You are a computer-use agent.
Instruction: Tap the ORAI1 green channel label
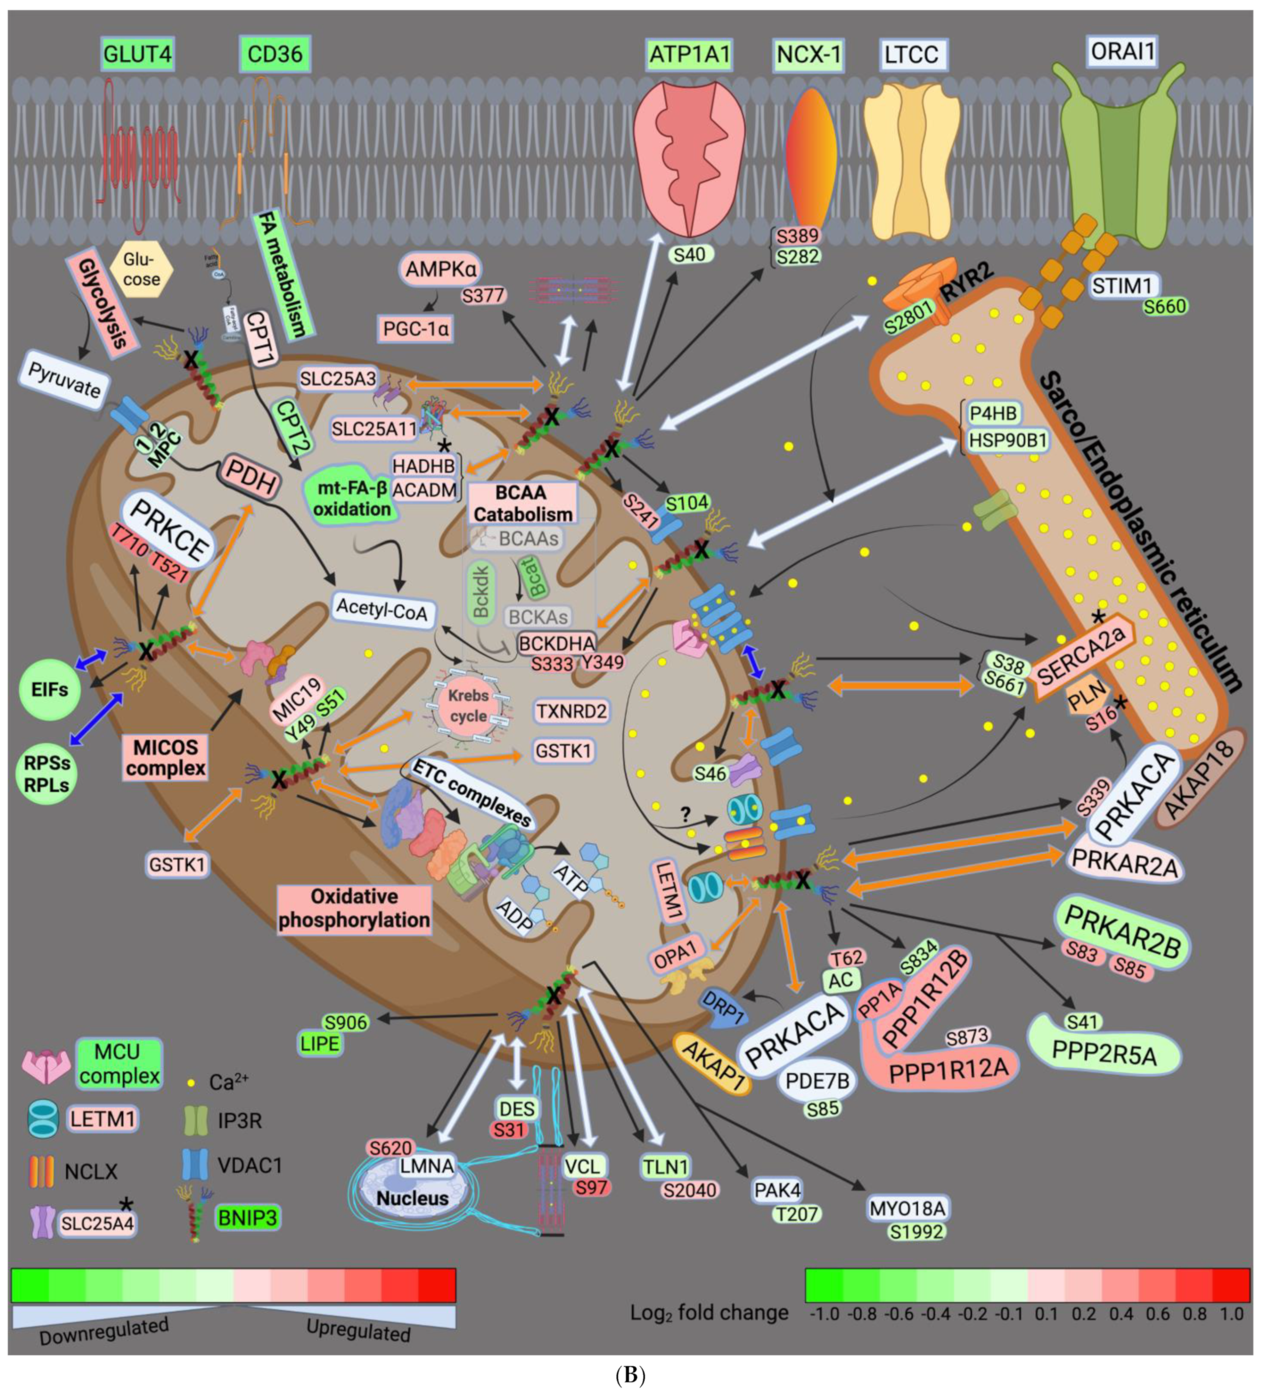coord(1122,51)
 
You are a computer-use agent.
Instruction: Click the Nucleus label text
coord(412,1198)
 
